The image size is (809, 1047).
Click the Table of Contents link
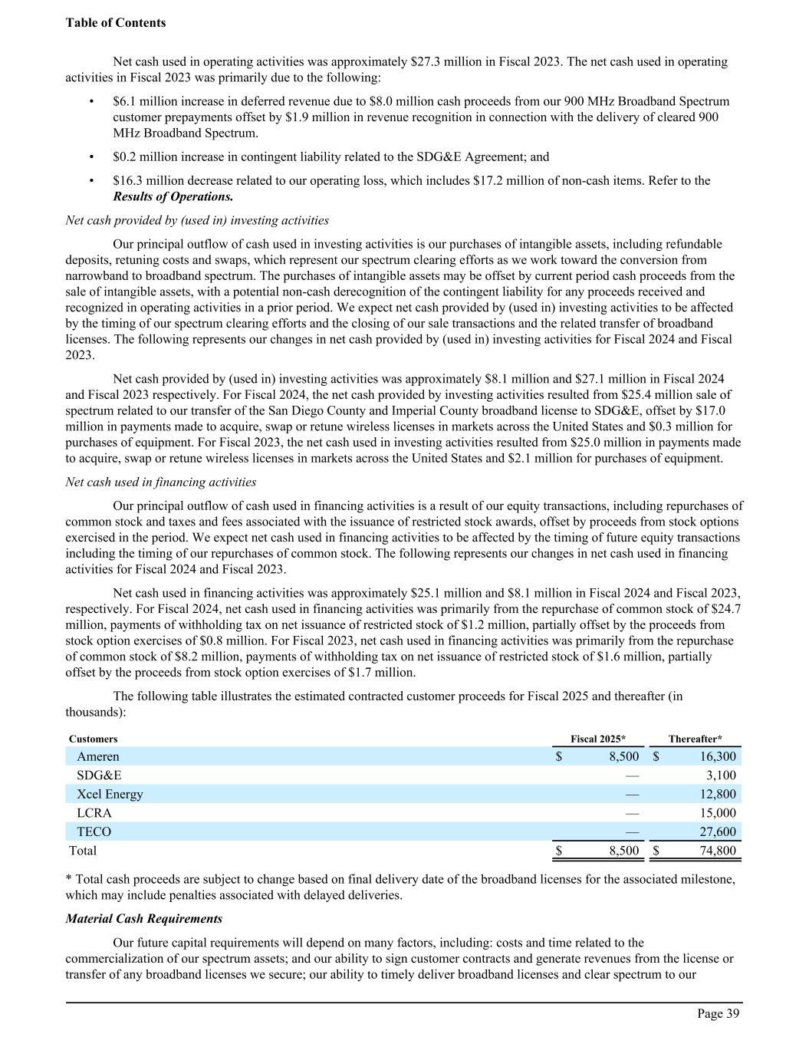(x=116, y=23)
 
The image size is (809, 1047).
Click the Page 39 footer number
(x=718, y=1014)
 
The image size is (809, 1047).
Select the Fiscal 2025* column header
(x=598, y=739)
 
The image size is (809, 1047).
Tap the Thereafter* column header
(x=695, y=739)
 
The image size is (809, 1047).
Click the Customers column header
(x=94, y=739)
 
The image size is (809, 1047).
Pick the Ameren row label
(x=98, y=756)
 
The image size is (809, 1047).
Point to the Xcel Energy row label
(x=110, y=794)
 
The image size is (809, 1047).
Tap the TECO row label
(x=94, y=831)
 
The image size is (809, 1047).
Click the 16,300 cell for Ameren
(x=718, y=756)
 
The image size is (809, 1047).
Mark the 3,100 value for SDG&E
(x=721, y=775)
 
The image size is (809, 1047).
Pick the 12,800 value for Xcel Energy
(x=718, y=794)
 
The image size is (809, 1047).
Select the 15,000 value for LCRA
(x=718, y=813)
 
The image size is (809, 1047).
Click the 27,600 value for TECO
(x=718, y=831)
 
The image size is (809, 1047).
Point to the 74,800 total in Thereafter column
(x=718, y=851)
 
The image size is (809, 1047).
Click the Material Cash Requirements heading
(x=144, y=919)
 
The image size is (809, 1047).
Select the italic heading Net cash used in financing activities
(x=161, y=482)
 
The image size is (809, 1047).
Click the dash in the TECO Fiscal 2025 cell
(x=632, y=831)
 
